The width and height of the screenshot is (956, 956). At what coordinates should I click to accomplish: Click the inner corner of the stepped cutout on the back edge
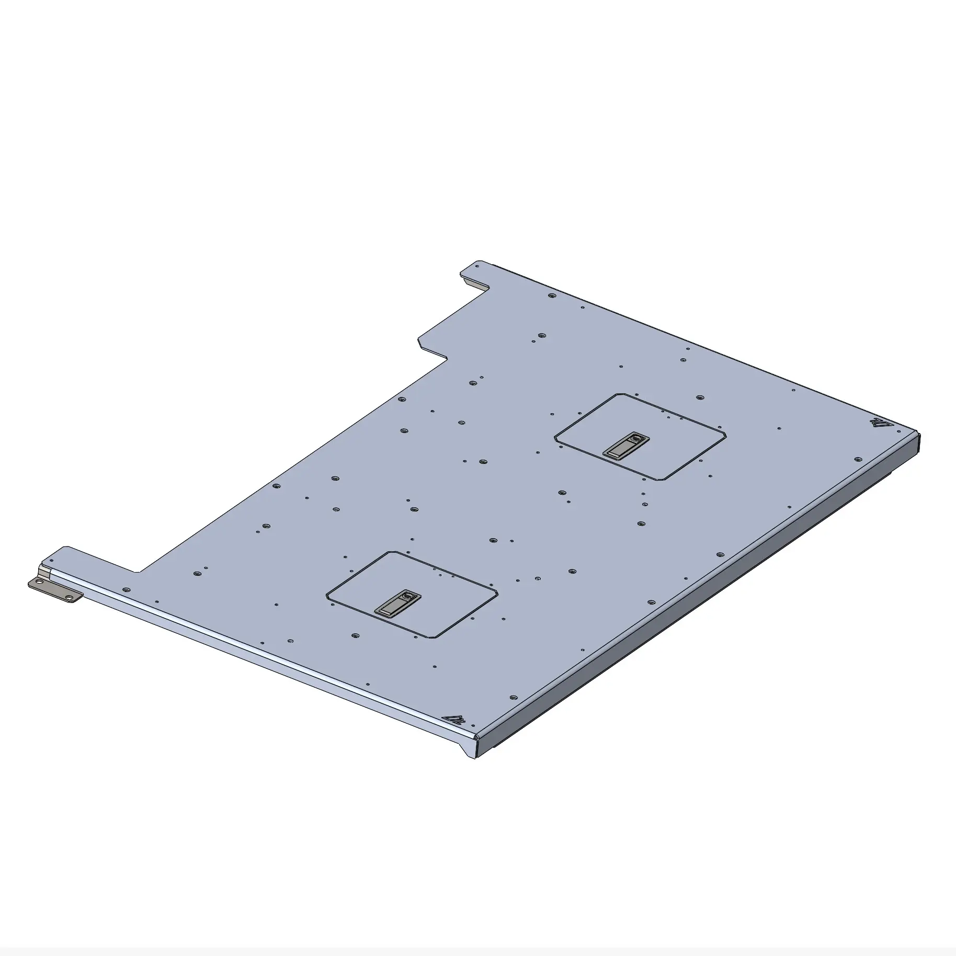[x=446, y=358]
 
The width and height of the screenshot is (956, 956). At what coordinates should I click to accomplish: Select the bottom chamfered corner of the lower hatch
[x=432, y=637]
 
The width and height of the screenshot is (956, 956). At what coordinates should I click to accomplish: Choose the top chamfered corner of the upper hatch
[x=620, y=395]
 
